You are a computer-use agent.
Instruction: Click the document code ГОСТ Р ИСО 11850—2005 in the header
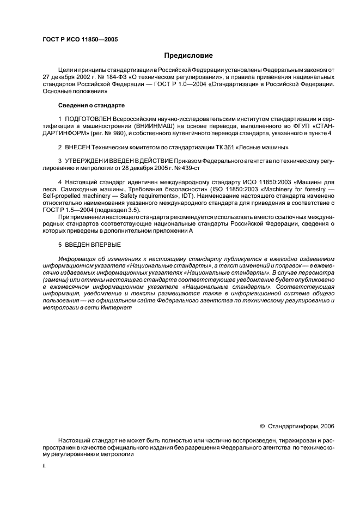[80, 40]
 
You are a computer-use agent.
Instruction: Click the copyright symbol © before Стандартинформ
[262, 426]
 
